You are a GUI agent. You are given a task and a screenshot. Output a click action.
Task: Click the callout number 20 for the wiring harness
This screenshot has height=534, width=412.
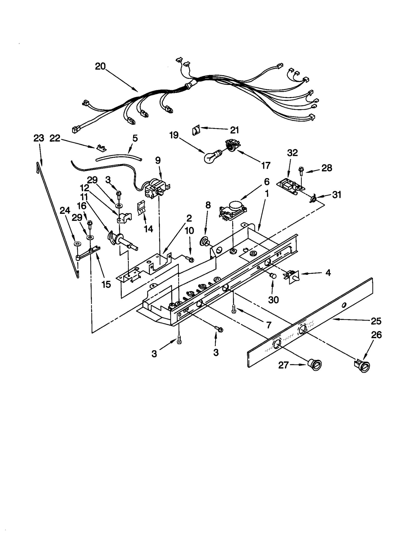100,66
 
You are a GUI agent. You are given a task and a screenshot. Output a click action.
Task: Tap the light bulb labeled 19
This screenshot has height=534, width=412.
212,157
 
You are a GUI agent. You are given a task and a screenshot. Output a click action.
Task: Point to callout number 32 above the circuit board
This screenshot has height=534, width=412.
292,153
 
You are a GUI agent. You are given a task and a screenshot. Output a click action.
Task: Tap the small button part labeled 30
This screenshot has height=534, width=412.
272,276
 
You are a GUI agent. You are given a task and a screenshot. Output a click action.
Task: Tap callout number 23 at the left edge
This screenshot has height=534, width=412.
39,138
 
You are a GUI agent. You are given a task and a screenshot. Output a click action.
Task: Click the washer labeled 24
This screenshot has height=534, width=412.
76,243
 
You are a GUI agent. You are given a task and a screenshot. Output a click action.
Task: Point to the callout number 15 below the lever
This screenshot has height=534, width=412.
106,284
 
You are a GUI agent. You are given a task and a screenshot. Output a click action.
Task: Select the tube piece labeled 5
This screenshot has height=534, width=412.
118,157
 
